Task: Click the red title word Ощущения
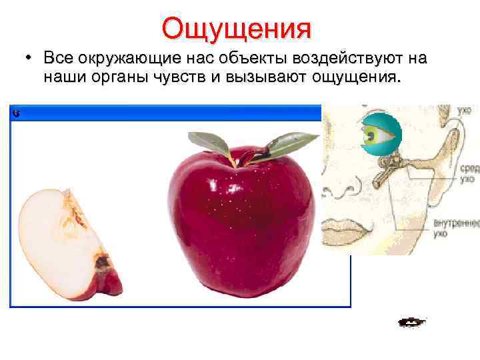[236, 28]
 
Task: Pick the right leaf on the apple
[290, 142]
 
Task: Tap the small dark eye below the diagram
[411, 323]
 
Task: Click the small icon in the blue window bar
[17, 113]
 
